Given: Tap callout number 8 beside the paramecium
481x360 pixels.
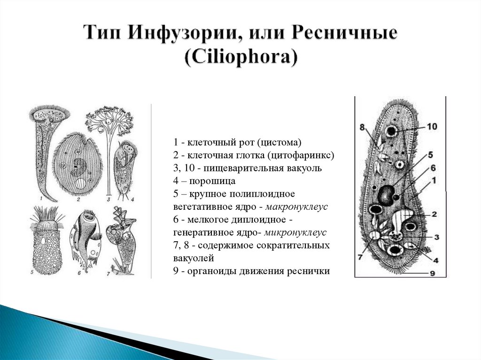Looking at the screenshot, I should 362,127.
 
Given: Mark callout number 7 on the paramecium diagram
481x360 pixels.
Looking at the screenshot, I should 360,256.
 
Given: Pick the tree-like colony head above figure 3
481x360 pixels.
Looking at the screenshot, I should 109,120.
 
